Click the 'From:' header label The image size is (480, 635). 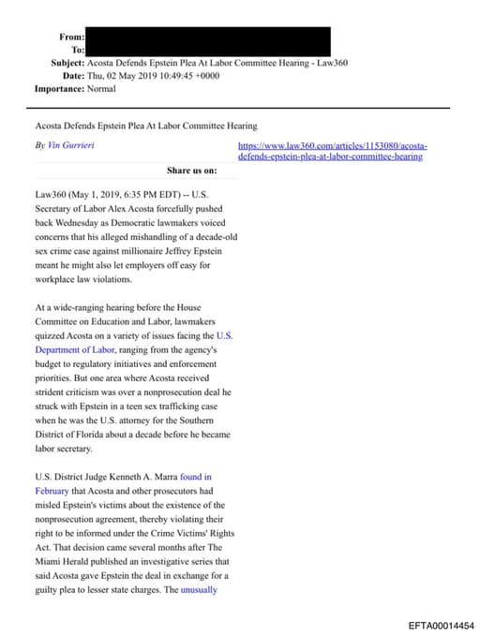(x=72, y=37)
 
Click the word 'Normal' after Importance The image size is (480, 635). (x=100, y=89)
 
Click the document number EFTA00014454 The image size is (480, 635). (x=441, y=625)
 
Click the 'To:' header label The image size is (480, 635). (x=78, y=50)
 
